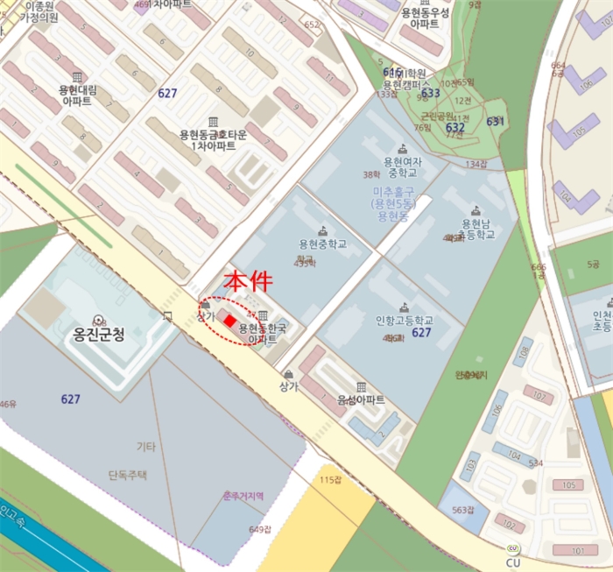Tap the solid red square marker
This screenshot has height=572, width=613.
click(229, 321)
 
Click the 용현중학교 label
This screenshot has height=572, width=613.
click(322, 244)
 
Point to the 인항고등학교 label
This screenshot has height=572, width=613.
click(403, 320)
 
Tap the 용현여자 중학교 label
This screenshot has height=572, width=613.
click(403, 166)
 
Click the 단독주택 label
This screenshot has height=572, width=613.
click(129, 475)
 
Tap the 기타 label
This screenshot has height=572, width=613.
click(145, 447)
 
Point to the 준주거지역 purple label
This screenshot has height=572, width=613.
click(243, 496)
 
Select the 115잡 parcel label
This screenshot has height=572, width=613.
click(329, 479)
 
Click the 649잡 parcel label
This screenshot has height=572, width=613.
click(260, 529)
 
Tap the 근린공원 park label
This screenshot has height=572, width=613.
click(437, 116)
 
